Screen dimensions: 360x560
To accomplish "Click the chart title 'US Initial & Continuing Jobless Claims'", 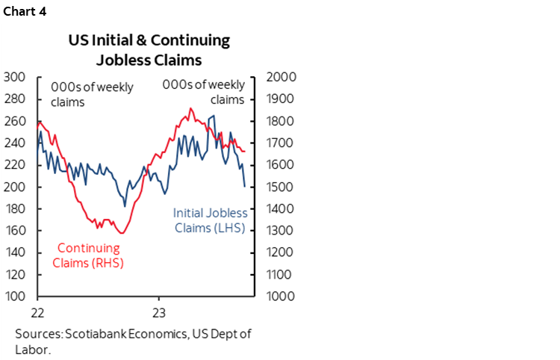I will [x=149, y=49].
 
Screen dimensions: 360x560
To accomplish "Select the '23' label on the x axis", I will [x=159, y=311].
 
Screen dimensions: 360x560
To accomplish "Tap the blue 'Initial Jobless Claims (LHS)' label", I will [x=210, y=220].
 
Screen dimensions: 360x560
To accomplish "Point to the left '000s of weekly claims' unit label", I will [x=92, y=94].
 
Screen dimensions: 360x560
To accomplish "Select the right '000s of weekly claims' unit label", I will [x=204, y=93].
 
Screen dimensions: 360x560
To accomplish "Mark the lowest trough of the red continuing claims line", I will [x=122, y=234].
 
